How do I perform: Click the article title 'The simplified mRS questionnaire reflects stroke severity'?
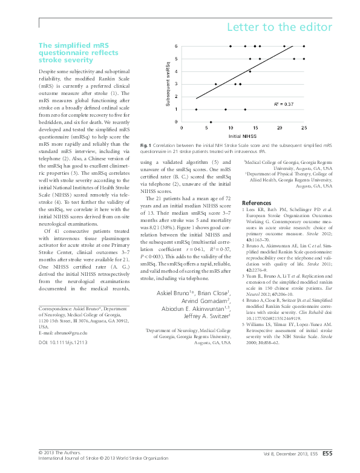(x=75, y=53)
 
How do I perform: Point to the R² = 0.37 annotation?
(x=284, y=105)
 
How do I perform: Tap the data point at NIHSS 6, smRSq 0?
(x=211, y=122)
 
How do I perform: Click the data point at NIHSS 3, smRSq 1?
(x=196, y=109)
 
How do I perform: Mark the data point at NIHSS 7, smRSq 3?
(x=216, y=84)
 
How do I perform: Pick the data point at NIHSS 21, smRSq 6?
(x=284, y=46)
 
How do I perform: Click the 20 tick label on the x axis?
(x=280, y=128)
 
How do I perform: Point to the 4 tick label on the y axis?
(x=176, y=71)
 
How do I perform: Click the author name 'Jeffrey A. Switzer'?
(x=207, y=315)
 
